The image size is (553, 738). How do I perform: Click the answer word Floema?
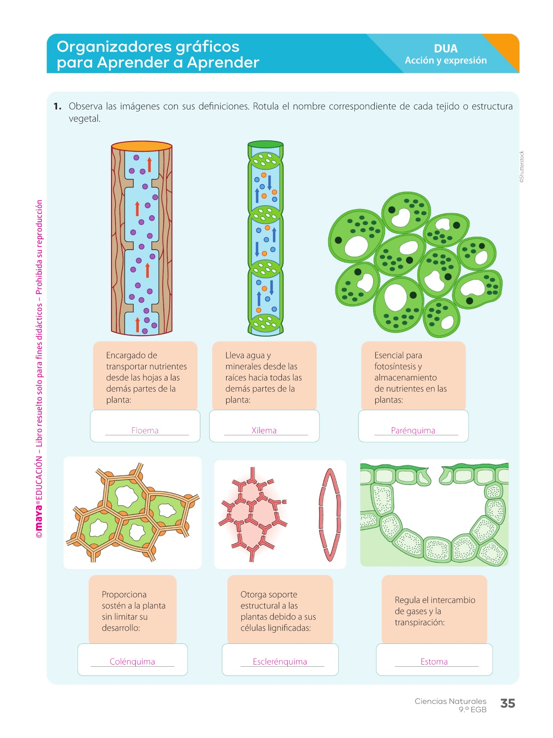coord(145,430)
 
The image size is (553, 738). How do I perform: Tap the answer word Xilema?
coord(264,430)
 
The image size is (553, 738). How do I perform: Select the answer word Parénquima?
coord(413,430)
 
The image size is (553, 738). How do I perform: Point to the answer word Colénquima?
coord(132,661)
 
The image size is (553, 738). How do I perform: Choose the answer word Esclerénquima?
coord(280,661)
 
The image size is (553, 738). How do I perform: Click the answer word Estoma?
coord(434,661)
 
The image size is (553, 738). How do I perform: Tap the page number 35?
coord(508,704)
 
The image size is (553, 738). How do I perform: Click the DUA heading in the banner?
coord(446,48)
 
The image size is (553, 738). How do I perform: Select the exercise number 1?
coord(57,107)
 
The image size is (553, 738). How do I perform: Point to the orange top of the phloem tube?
coord(142,146)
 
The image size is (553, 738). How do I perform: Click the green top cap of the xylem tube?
coord(265,144)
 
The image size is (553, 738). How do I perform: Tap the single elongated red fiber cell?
coord(330,515)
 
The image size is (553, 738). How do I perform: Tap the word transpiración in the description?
coord(419,622)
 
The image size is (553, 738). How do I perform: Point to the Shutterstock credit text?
coord(521,167)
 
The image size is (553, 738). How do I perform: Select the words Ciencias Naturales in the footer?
coord(450,702)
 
